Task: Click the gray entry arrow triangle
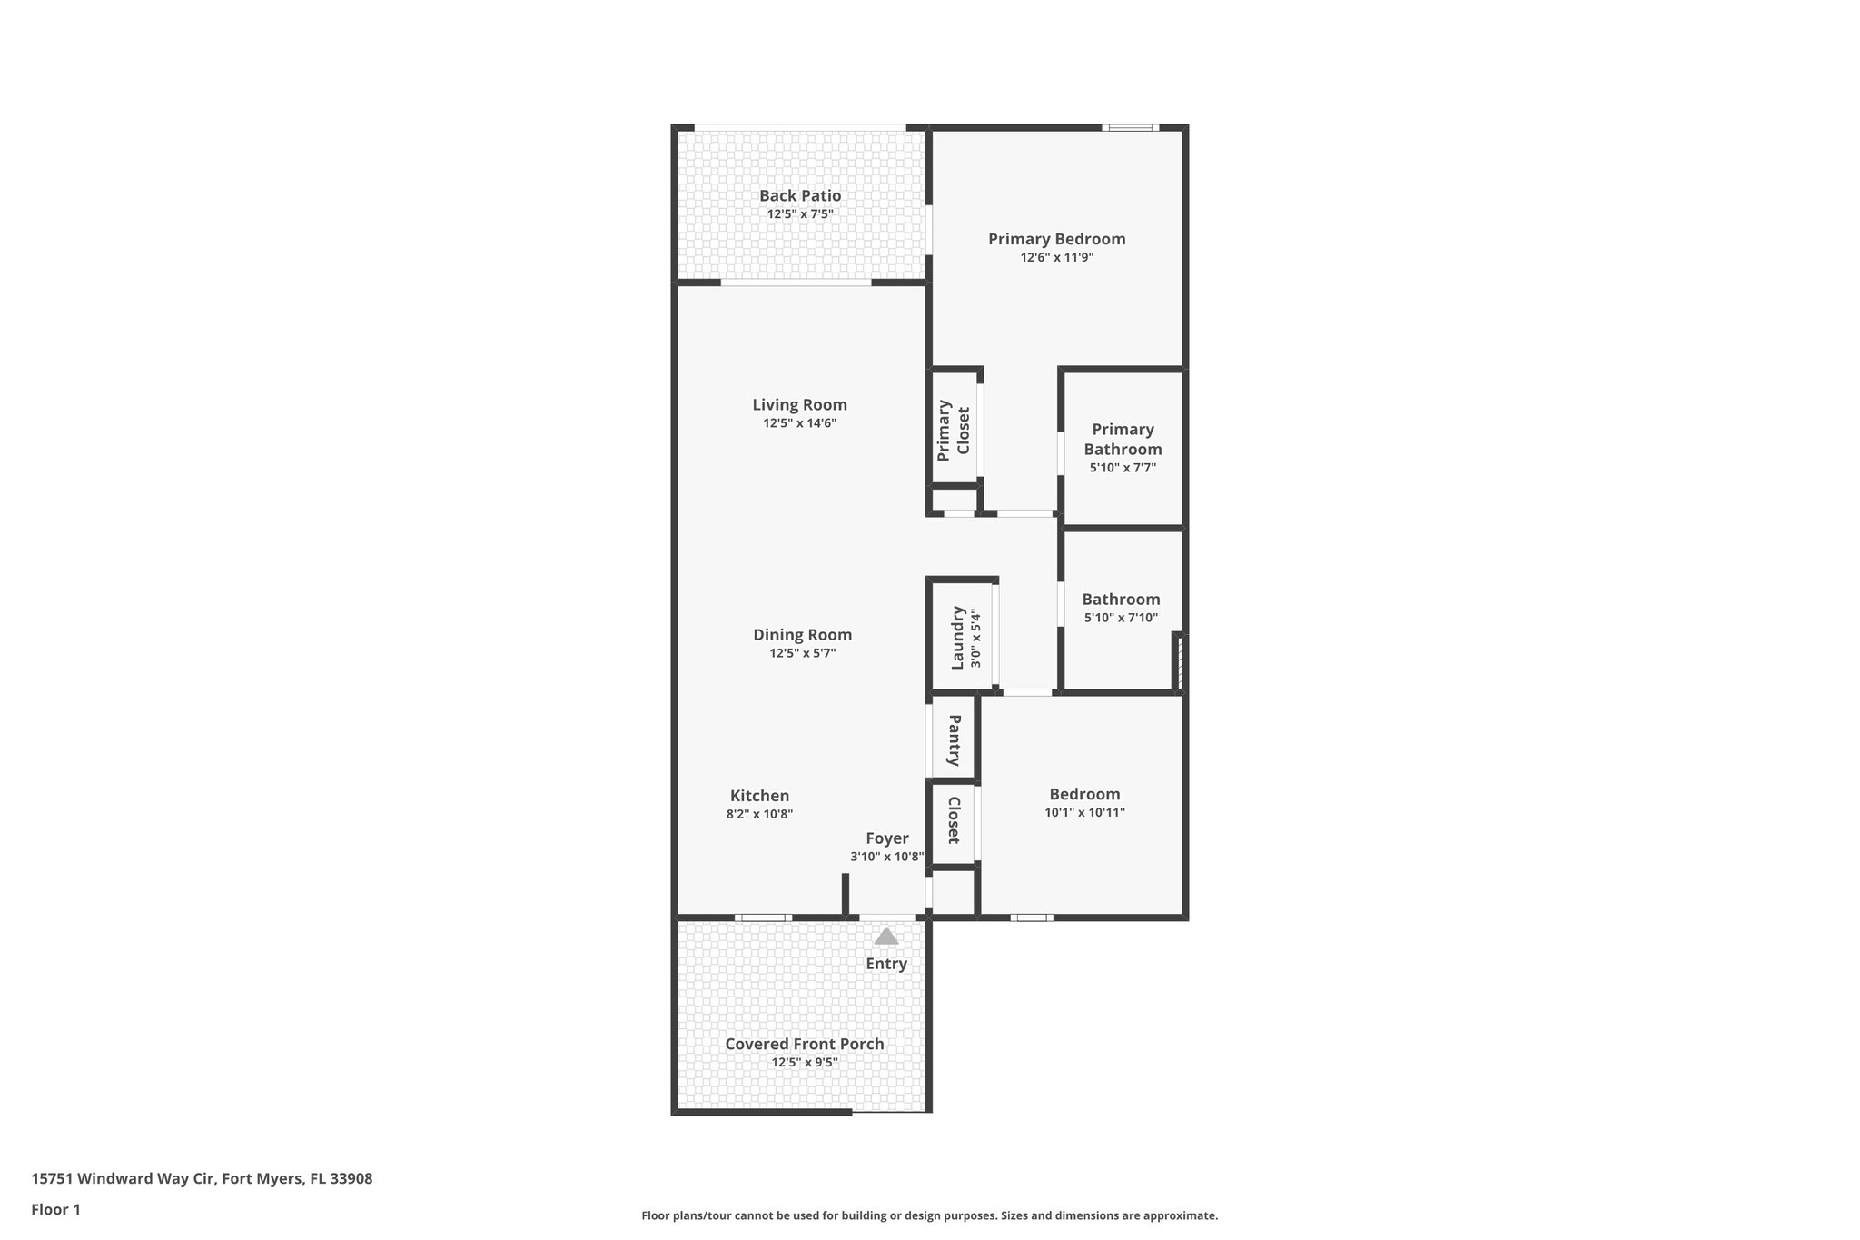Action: [x=885, y=937]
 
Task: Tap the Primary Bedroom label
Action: [x=1056, y=239]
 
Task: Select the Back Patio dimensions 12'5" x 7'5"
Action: [x=800, y=214]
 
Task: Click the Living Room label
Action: [x=799, y=405]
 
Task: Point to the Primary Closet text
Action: [x=954, y=430]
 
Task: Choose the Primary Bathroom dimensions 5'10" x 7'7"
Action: [x=1123, y=468]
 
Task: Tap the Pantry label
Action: [x=955, y=739]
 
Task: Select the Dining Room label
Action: [x=802, y=635]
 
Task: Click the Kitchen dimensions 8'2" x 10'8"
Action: [x=759, y=815]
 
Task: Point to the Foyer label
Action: [x=886, y=838]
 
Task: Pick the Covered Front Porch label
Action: [x=804, y=1044]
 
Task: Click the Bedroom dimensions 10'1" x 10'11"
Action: [x=1084, y=813]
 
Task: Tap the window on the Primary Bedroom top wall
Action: [x=1130, y=128]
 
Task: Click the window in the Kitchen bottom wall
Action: [x=762, y=918]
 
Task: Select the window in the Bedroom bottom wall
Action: [x=1031, y=918]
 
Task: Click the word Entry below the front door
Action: [x=885, y=964]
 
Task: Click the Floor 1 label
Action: [x=55, y=1209]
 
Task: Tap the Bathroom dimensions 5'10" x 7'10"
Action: [x=1121, y=618]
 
